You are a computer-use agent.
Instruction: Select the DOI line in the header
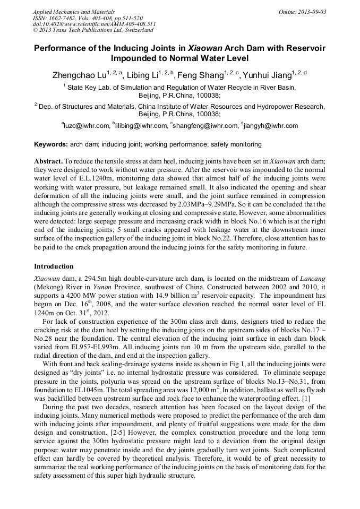95,24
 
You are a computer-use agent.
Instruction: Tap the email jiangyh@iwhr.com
271,126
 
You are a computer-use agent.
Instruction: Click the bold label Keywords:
51,144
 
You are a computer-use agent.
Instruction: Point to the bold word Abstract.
48,160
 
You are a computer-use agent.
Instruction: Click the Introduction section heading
54,266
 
